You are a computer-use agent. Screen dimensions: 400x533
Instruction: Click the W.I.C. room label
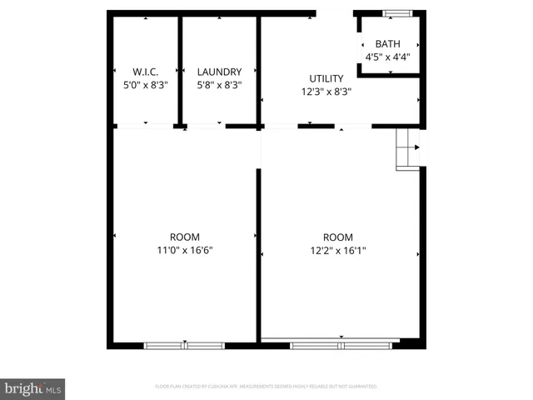point(146,72)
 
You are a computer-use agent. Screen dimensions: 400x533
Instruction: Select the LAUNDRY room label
point(219,72)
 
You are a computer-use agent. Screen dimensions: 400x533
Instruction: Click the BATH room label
point(387,44)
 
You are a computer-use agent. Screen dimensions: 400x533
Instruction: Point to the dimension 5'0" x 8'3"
point(146,85)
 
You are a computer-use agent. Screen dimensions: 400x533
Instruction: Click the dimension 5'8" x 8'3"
point(219,85)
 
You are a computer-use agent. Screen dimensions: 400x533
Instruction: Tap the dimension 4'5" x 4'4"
point(387,57)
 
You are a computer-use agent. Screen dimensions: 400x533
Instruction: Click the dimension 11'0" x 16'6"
point(185,250)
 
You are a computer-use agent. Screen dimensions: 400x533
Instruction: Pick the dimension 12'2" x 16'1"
point(338,250)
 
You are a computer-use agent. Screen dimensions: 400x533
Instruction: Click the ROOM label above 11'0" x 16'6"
point(185,237)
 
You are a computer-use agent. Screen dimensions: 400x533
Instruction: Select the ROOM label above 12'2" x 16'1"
point(338,237)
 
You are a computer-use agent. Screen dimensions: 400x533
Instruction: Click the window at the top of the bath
point(397,12)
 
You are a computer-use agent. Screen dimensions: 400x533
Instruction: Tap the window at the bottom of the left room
point(186,345)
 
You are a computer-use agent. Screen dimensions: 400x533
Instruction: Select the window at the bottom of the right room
point(341,344)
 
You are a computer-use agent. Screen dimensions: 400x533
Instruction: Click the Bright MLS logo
point(33,388)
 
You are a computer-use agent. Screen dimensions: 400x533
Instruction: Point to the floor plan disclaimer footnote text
point(266,387)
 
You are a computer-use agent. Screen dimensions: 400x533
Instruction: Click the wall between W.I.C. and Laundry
point(179,71)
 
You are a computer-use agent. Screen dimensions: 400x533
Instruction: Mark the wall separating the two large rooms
point(258,250)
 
